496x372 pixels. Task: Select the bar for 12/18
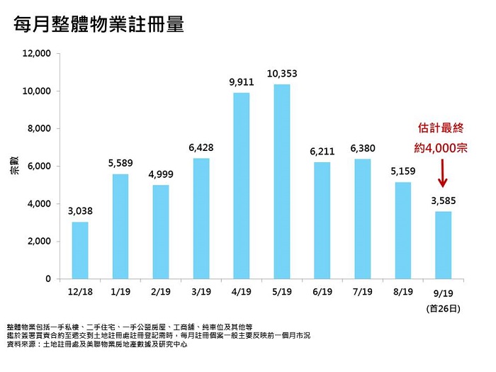coord(80,250)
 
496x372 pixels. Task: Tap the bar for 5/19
coord(281,181)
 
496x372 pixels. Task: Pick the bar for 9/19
coord(442,244)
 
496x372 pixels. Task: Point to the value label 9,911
coord(241,82)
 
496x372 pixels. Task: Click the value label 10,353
coord(281,74)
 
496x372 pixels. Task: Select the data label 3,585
coord(442,201)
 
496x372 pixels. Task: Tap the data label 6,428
coord(201,147)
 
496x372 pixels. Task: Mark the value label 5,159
coord(402,171)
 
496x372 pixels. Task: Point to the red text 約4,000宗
coord(441,150)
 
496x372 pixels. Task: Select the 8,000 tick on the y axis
coord(38,129)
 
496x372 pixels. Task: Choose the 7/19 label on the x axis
coord(361,293)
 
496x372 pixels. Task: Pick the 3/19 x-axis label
coord(201,293)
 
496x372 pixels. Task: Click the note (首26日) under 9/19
coord(443,308)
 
